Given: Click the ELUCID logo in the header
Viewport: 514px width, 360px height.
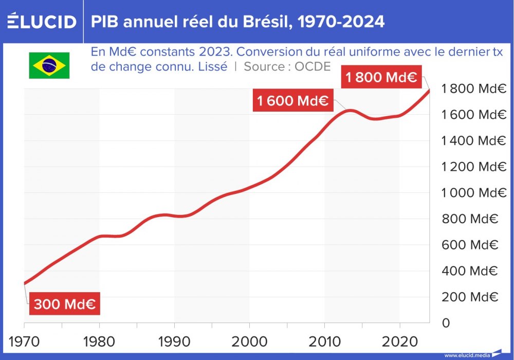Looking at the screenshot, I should pos(42,22).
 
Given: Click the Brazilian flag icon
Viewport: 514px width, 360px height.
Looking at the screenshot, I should pos(49,65).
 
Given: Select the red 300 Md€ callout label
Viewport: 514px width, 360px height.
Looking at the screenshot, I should pos(64,304).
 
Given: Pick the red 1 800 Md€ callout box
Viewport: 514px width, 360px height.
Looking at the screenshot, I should pos(381,78).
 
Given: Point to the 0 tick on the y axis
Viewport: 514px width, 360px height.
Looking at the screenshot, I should pos(446,323).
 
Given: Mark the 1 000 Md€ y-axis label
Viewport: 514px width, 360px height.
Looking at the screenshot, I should pos(474,193).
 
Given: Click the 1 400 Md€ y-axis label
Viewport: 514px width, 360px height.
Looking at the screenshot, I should pos(474,140).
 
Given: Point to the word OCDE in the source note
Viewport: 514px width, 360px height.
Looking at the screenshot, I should pos(313,66).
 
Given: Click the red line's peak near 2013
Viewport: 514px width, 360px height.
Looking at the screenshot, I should pos(350,110).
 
